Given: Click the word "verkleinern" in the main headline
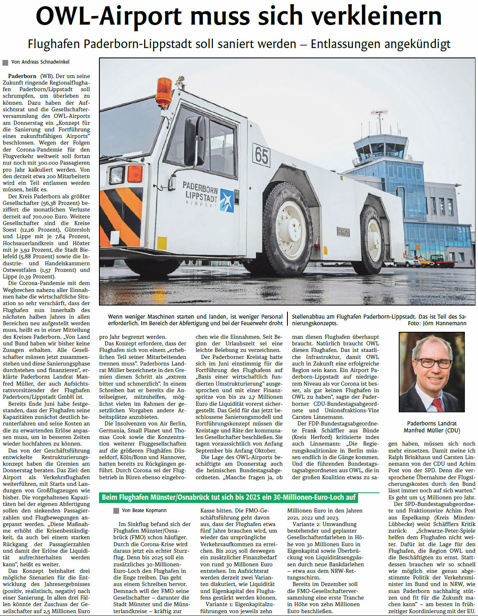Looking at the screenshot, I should coord(376,16).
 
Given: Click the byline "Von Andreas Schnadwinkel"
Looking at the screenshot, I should coord(40,62).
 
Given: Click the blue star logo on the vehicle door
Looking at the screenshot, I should coord(227,200).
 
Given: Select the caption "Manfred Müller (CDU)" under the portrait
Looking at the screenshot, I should coord(432,430).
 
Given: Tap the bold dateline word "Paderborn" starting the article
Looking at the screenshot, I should coord(22,76).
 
